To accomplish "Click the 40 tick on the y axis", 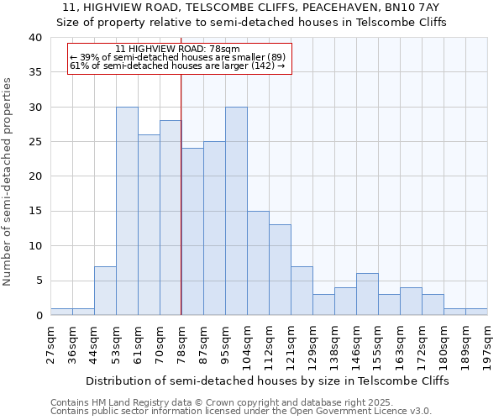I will (34, 38).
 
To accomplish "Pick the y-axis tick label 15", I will (34, 212).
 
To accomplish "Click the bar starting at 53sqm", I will (127, 211).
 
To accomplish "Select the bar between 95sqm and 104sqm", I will (236, 211).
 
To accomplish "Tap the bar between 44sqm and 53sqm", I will (105, 291).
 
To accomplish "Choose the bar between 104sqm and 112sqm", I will (258, 263).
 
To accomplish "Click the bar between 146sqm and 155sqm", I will (367, 294).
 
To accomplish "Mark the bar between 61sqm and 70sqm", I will (149, 225).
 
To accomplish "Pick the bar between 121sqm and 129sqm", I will (302, 291).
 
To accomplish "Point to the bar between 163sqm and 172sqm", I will (411, 301).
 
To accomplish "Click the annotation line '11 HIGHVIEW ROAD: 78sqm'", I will (178, 50).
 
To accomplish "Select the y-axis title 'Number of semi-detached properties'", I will (9, 181).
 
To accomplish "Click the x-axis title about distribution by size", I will (267, 381).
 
